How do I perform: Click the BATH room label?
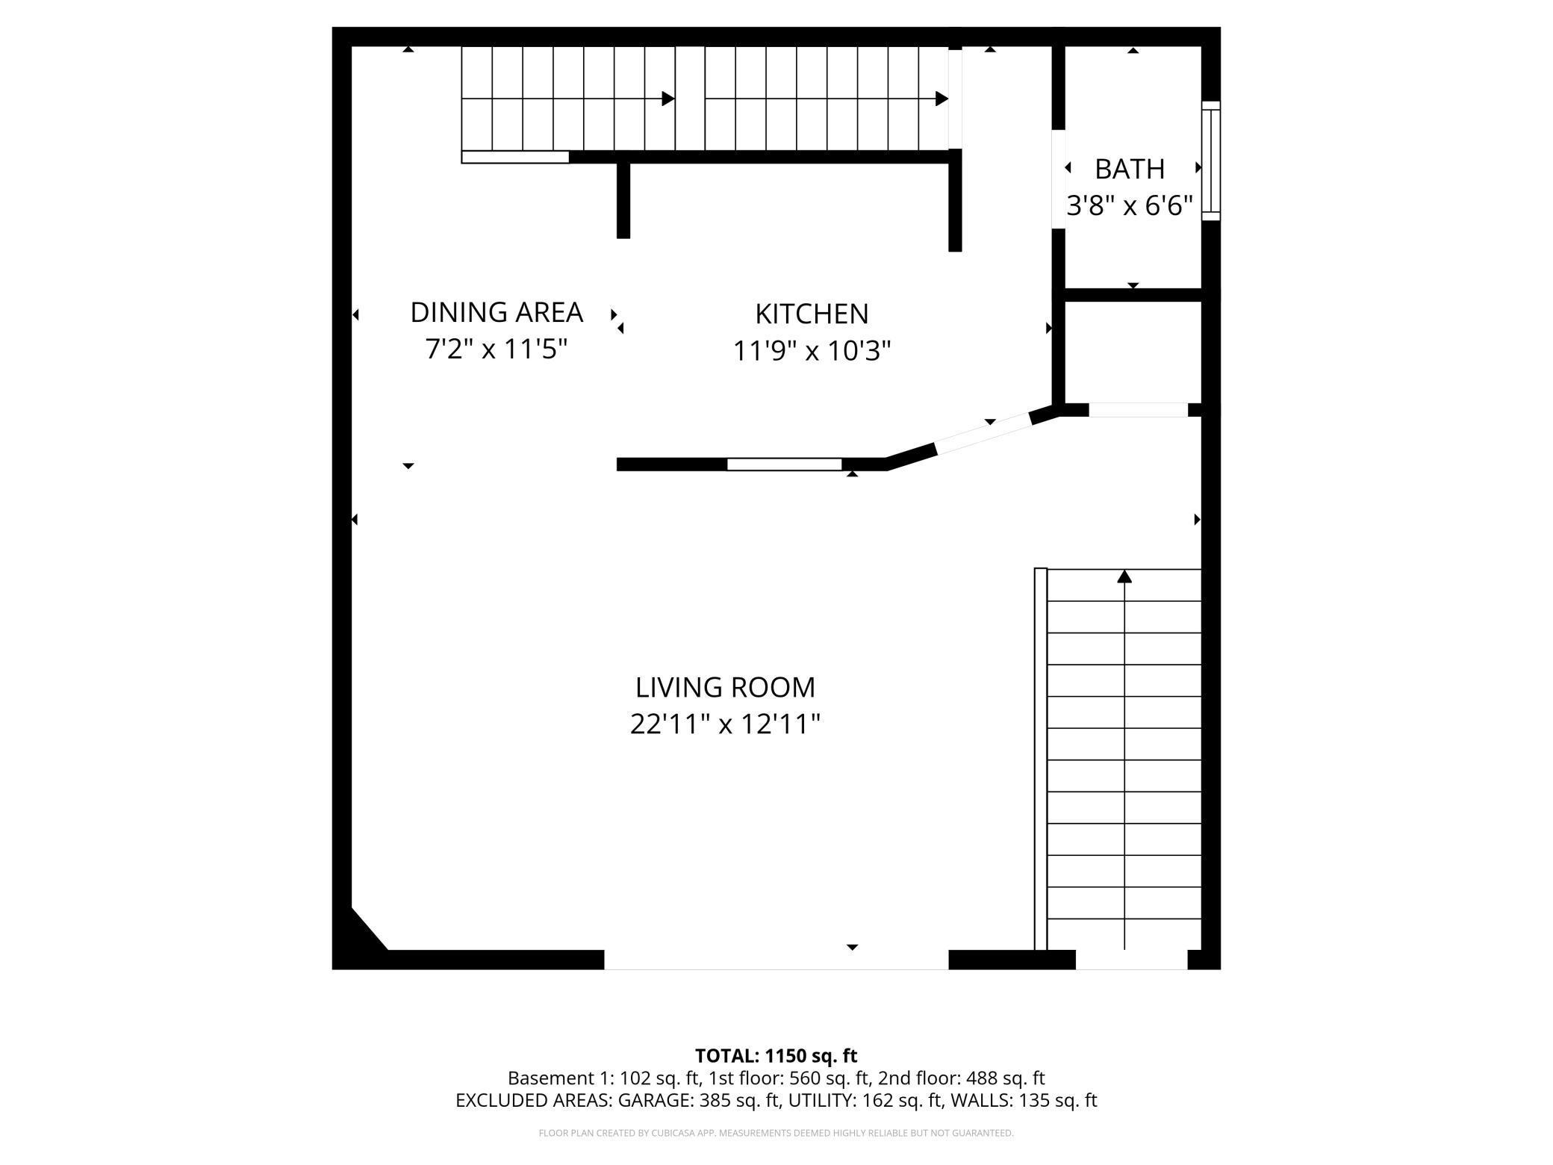coord(1129,170)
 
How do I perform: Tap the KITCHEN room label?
coord(812,314)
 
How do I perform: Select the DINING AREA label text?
coord(497,312)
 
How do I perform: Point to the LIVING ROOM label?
coord(725,687)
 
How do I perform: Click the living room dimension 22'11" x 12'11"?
coord(725,724)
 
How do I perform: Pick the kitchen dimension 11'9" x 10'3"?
coord(812,350)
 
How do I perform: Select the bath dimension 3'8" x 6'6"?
coord(1129,205)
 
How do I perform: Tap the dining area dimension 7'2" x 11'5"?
coord(497,349)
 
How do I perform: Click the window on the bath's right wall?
coord(1210,161)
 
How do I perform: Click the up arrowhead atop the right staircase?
coord(1124,576)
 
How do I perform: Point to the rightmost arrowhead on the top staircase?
coord(942,99)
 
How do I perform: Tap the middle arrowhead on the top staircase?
coord(668,99)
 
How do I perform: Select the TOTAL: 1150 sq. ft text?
coord(776,1056)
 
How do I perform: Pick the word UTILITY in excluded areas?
coord(821,1100)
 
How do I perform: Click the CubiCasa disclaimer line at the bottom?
coord(776,1133)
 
